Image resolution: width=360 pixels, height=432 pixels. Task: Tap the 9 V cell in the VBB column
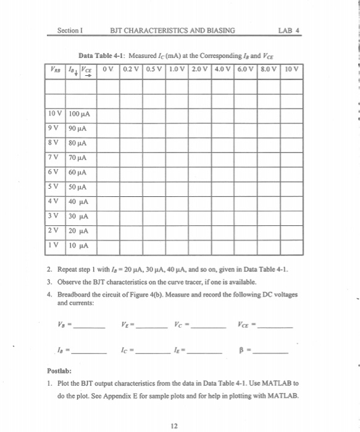click(x=55, y=128)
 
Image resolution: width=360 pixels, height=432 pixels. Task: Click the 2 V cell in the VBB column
click(x=55, y=230)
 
